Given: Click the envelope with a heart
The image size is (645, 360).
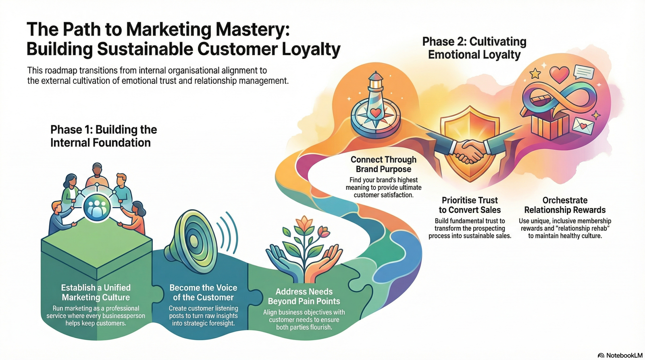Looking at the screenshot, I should (583, 126).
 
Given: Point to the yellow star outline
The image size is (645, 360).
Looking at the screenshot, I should (535, 73).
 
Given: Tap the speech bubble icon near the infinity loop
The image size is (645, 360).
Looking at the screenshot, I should (583, 73).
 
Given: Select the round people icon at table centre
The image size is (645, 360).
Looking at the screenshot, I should (97, 206).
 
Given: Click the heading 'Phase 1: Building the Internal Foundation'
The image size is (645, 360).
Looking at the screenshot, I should (103, 136).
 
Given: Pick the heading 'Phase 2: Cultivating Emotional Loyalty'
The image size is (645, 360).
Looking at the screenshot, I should (474, 48).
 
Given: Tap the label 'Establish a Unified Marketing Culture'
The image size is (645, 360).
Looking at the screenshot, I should (96, 292).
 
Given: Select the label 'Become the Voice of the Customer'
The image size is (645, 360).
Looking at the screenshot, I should (203, 292).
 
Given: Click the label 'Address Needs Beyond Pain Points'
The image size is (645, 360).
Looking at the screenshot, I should (304, 296).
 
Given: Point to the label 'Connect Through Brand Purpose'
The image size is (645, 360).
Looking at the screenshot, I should (383, 164).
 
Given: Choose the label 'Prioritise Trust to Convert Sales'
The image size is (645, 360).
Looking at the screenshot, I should (470, 205).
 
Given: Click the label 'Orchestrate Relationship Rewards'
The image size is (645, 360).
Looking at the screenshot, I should (565, 205).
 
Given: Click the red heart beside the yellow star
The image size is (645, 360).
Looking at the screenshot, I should (559, 74).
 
